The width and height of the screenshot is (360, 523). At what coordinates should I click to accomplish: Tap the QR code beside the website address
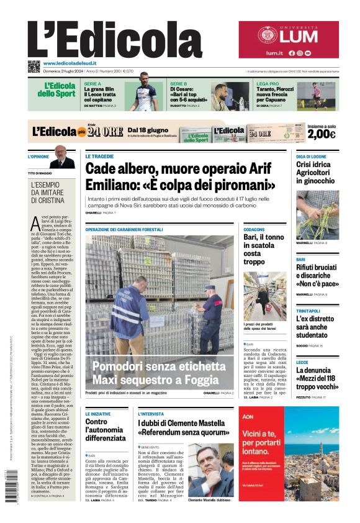(34, 66)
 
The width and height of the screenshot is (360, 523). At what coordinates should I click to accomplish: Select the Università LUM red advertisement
(289, 40)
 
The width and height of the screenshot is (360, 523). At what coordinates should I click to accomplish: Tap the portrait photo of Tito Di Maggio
(62, 158)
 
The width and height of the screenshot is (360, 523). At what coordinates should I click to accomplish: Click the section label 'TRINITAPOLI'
(308, 311)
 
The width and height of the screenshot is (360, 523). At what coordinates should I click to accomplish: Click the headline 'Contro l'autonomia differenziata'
(105, 429)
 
